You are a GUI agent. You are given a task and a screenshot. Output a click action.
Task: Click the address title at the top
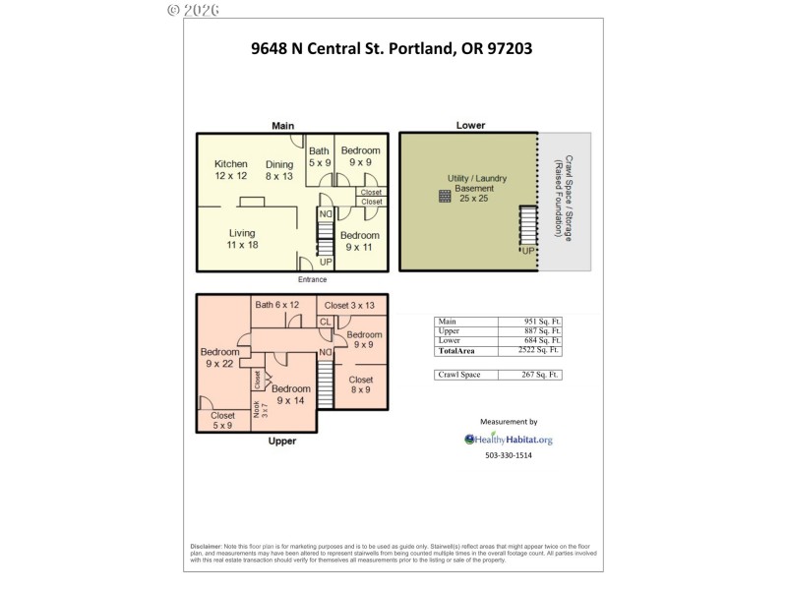(x=392, y=47)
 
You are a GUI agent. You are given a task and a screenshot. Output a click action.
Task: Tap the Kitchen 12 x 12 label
(x=231, y=170)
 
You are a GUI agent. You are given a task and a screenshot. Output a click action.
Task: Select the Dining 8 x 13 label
(x=279, y=170)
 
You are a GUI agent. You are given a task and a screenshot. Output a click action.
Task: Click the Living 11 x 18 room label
(x=241, y=239)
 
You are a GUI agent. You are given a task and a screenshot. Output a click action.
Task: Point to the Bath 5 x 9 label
(x=320, y=156)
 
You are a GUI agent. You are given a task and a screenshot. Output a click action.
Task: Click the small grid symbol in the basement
(x=445, y=197)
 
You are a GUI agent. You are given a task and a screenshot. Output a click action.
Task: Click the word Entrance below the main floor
(x=312, y=279)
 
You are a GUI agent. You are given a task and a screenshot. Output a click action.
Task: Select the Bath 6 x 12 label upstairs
(x=276, y=305)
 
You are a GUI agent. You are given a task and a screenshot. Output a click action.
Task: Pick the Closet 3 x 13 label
(x=349, y=305)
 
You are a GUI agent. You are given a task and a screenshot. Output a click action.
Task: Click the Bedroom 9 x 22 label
(x=219, y=358)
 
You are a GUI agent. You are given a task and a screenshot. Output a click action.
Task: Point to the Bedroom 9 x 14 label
(x=290, y=395)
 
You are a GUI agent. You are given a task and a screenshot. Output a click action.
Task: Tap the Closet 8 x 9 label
(x=360, y=384)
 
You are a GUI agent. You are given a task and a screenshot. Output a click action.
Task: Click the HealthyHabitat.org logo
(x=509, y=440)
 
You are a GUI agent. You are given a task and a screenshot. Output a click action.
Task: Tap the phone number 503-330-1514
(x=509, y=456)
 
